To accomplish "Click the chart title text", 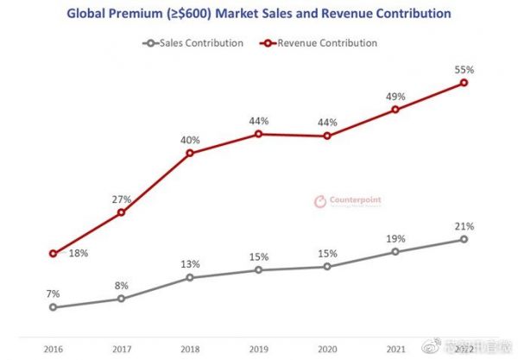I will coord(259,15).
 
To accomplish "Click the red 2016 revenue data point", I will coord(53,254).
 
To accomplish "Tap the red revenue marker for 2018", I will coord(190,153).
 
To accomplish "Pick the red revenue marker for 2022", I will coord(464,83).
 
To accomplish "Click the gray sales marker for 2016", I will coord(53,306).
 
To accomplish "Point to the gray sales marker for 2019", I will coord(258,270).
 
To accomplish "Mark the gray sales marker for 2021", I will coord(395,251).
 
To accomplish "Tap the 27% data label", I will coord(121,199).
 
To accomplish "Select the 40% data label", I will coord(190,139).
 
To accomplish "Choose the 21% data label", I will coord(464,225).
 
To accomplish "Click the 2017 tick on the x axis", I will coord(121,349).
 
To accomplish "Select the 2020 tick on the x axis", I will coord(327,349).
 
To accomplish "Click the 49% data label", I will coord(395,96).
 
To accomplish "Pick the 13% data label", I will coord(190,264).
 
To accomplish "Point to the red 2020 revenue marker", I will coord(327,136).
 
